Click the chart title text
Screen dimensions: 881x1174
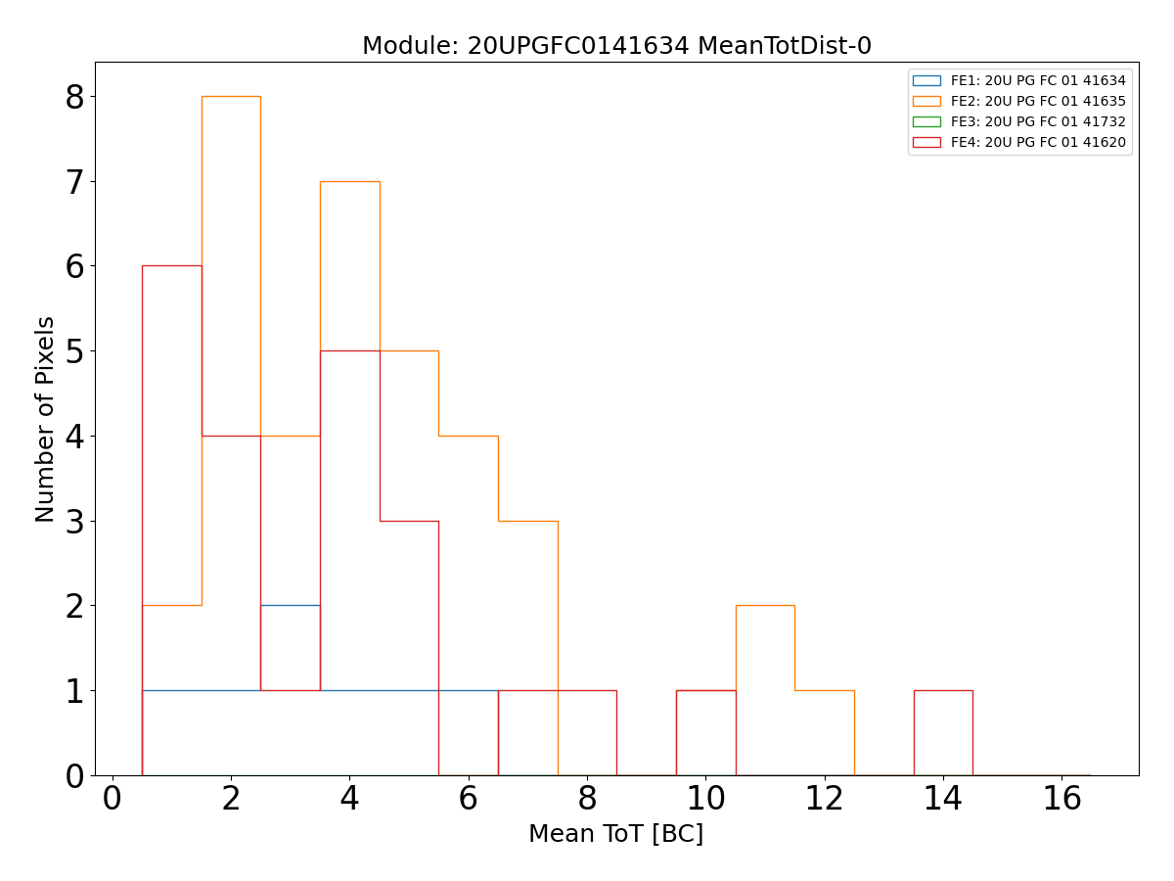click(x=616, y=46)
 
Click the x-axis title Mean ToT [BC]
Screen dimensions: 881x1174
click(x=615, y=834)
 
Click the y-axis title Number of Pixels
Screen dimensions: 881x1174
click(x=46, y=419)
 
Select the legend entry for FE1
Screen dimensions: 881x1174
click(x=1037, y=80)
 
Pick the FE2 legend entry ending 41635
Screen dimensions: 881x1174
click(x=1037, y=101)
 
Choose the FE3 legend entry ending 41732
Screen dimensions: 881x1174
click(x=1037, y=121)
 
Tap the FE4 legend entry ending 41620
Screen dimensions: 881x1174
click(x=1037, y=142)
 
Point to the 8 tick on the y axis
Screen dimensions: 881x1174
click(x=74, y=97)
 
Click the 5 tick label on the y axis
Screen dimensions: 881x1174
click(x=74, y=351)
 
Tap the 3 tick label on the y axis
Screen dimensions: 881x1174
click(x=74, y=521)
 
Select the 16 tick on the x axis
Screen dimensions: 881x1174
click(x=1061, y=799)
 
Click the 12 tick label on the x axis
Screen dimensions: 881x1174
click(x=825, y=799)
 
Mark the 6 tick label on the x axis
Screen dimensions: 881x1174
click(x=469, y=799)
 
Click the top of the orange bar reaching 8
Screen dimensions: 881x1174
click(x=231, y=96)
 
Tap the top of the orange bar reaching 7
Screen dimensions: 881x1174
click(x=349, y=181)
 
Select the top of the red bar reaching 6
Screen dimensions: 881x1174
click(x=171, y=265)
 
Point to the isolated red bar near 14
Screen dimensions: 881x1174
click(x=943, y=691)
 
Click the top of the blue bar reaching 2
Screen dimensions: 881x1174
click(x=290, y=605)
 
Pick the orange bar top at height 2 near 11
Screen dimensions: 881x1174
click(x=765, y=605)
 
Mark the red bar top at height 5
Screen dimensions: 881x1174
click(x=349, y=350)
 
